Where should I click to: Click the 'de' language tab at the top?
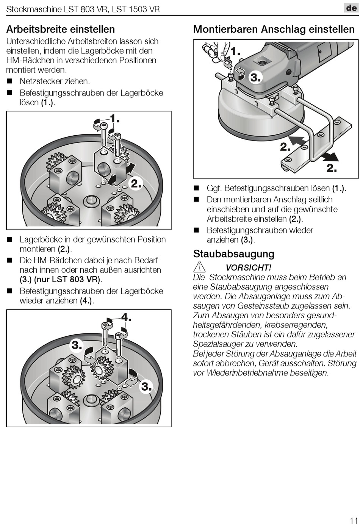[x=351, y=8]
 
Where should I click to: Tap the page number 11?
[x=354, y=520]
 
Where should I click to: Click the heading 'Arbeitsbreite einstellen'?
[x=61, y=29]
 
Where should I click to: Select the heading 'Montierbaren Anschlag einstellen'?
[x=274, y=29]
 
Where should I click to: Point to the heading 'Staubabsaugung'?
[x=233, y=254]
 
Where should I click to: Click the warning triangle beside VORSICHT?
[x=199, y=267]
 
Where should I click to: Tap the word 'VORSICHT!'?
[x=248, y=267]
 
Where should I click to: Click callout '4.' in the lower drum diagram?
[x=126, y=317]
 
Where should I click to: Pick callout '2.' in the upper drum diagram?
[x=136, y=184]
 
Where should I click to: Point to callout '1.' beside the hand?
[x=235, y=51]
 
